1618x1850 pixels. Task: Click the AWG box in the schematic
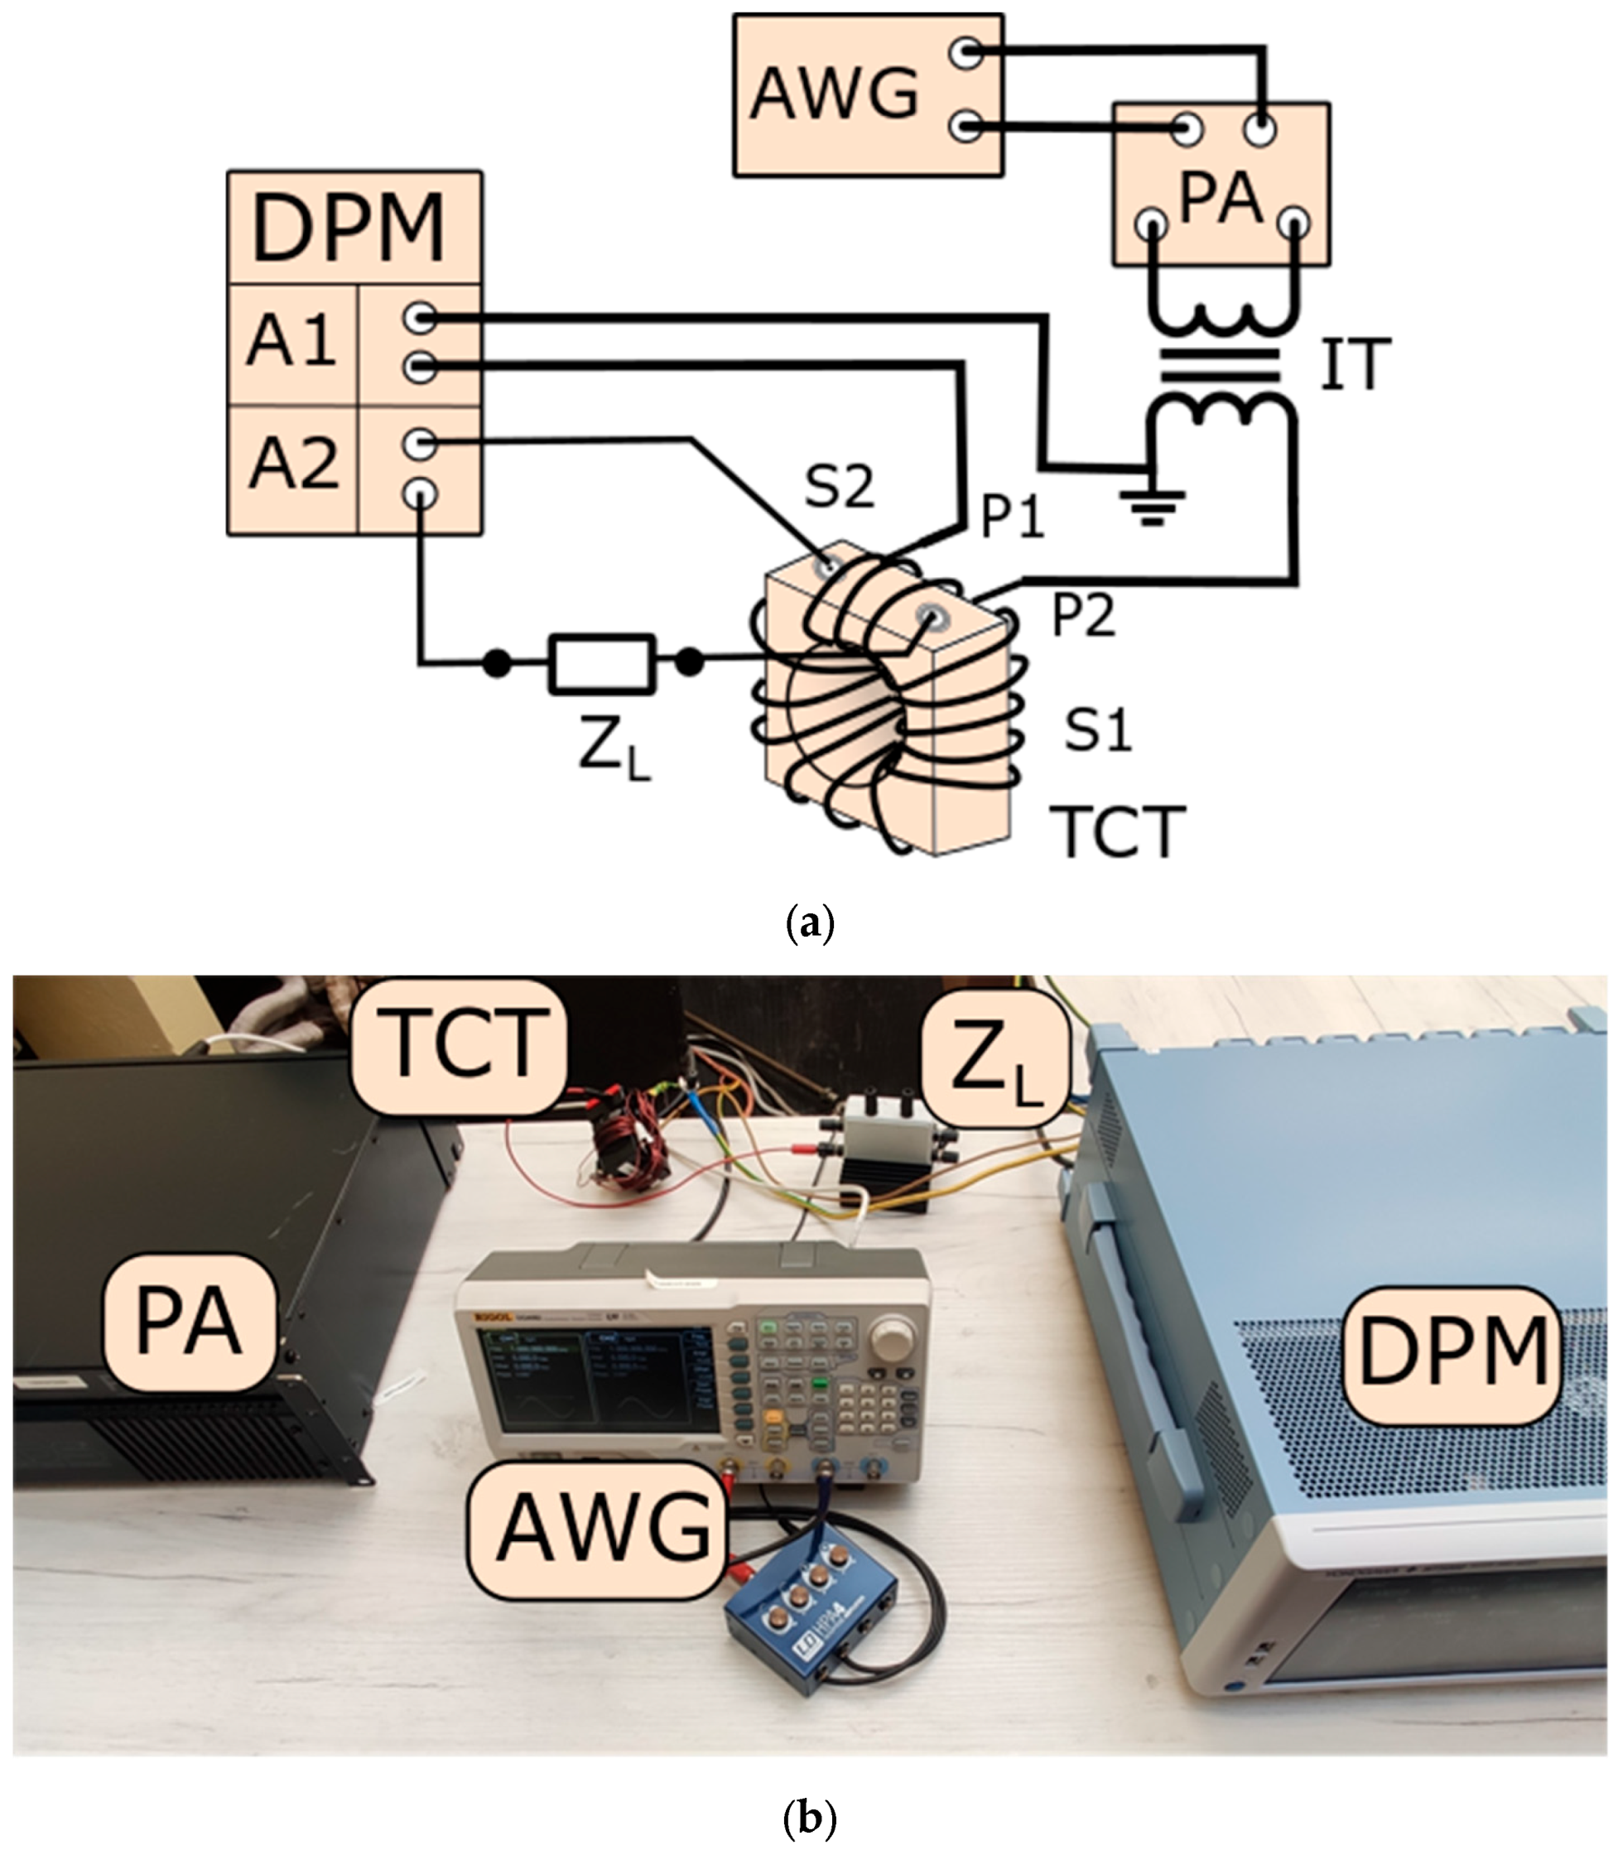[x=835, y=94]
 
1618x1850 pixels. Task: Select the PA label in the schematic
[x=1220, y=198]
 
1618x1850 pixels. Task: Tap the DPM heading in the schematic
[x=349, y=228]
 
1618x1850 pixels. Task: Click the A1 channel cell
[x=291, y=342]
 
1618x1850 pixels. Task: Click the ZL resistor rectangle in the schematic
[x=602, y=663]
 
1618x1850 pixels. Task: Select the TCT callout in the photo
[x=460, y=1046]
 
